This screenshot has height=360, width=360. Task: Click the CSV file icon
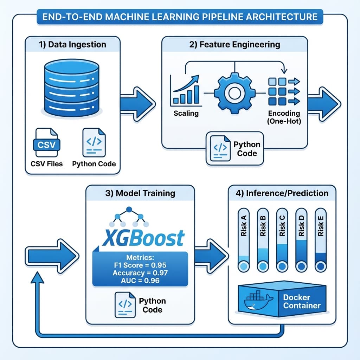[46, 143]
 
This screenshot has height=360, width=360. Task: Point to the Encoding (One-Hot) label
[284, 117]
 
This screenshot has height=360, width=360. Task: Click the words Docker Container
[302, 302]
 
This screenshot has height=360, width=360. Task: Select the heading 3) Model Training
[140, 193]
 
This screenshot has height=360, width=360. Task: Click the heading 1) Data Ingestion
[73, 45]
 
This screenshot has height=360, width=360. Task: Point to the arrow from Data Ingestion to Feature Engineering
[137, 104]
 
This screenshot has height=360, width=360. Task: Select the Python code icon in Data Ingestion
[94, 142]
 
